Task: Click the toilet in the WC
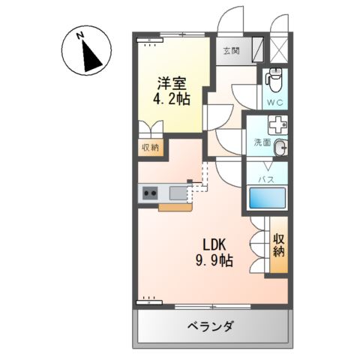pos(274,76)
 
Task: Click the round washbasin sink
pos(280,147)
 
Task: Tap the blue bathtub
pos(267,199)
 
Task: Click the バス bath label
pos(265,180)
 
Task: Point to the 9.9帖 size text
pos(214,262)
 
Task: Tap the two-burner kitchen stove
pos(148,193)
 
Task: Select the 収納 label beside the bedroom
pos(150,148)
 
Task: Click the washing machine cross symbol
pos(278,125)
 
